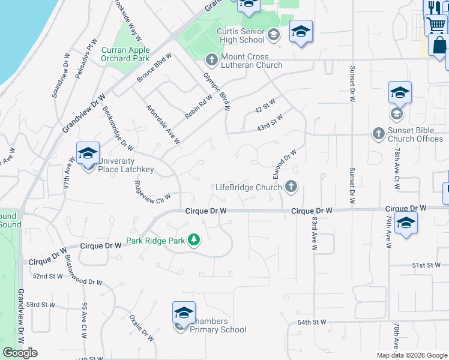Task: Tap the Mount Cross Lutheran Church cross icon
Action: point(211,59)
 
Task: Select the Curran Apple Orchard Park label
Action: point(125,55)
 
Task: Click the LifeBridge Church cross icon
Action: point(291,187)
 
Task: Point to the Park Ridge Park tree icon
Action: point(193,240)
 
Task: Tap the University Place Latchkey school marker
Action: point(88,154)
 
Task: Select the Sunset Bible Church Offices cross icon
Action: point(378,133)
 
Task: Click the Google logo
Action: point(20,353)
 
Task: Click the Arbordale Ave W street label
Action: point(163,125)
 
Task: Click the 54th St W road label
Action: point(312,322)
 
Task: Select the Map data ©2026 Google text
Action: point(411,355)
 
